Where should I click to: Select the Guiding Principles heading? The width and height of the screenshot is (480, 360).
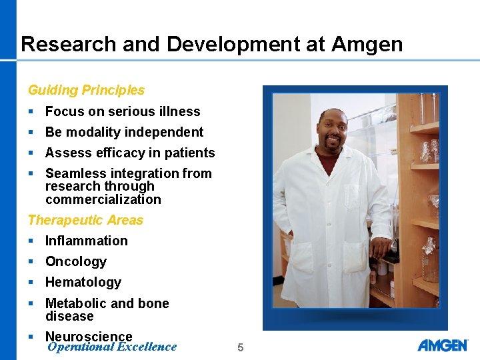(x=86, y=90)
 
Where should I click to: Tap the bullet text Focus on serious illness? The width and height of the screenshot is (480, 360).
(x=123, y=111)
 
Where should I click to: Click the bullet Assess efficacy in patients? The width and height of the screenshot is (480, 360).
(x=130, y=153)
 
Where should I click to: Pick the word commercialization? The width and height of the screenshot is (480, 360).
(x=103, y=199)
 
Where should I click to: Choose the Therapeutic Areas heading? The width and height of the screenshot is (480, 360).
(x=85, y=220)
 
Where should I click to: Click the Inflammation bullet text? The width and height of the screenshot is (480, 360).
(x=86, y=241)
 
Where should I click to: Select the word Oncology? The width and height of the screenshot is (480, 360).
(x=76, y=262)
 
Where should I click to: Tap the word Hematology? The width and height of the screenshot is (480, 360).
(x=83, y=283)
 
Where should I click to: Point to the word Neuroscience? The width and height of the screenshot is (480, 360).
(x=89, y=337)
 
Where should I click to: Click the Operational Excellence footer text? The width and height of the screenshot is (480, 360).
(x=112, y=347)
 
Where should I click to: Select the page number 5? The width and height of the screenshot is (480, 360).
(x=241, y=347)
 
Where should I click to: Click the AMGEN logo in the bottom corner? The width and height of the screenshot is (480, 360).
(x=443, y=345)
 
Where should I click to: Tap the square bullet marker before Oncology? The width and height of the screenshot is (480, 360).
(x=31, y=261)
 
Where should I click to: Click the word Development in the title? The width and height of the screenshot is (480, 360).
(x=245, y=45)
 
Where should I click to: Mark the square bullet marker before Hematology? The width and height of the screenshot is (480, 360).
(x=31, y=282)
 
